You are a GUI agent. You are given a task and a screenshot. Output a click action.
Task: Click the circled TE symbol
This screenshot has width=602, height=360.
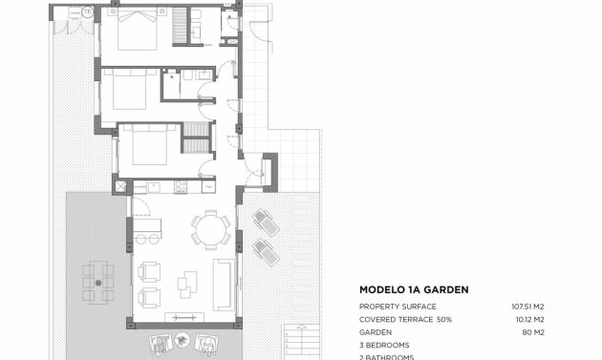pos(88,12)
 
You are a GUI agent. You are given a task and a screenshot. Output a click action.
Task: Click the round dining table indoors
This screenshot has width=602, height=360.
pos(210,228)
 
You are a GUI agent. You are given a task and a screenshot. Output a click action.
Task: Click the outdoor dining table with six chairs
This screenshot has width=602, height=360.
pos(97,282)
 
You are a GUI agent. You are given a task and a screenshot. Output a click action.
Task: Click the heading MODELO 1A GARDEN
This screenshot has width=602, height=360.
pos(413,289)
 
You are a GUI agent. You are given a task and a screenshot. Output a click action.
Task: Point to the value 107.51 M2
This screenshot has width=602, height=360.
pos(527,307)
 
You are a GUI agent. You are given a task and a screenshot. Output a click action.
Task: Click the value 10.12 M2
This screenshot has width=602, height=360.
pos(528,319)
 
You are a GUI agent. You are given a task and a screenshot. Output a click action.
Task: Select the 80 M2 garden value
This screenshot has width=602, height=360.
pos(533,331)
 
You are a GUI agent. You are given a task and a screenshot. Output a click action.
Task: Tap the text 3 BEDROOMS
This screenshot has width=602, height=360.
pos(384,344)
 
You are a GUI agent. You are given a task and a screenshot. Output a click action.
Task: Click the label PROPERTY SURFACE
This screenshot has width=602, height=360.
pos(396,307)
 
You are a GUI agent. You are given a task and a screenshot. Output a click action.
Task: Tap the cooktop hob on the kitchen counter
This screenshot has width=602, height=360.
pos(180,186)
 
